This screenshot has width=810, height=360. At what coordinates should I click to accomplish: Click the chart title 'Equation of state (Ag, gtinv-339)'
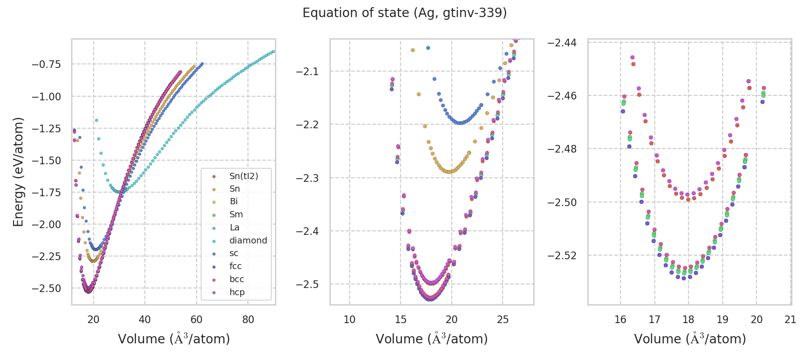point(405,13)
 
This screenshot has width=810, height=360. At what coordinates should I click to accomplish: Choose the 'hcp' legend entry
point(237,292)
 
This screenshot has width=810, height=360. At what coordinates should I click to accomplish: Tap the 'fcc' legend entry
point(235,266)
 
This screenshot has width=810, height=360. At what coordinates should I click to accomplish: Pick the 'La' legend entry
point(234,227)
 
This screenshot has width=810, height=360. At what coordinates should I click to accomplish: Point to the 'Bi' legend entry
point(234,201)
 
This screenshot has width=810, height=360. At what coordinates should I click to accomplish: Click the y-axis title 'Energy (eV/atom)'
point(18,172)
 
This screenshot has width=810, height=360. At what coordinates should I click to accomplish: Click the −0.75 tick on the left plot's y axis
point(46,64)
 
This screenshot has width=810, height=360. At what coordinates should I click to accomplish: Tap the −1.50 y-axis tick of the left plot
point(46,161)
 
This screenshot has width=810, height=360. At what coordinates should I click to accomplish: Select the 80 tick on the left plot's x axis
point(248,319)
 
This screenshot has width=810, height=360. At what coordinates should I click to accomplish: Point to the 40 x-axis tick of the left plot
point(145,319)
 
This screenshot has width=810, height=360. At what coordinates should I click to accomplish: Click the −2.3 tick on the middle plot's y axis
point(307,178)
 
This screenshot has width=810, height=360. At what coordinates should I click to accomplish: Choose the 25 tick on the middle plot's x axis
point(503,319)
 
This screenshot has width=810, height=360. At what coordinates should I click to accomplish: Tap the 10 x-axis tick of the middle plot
point(350,319)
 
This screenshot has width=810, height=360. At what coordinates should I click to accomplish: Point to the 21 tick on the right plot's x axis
point(790,319)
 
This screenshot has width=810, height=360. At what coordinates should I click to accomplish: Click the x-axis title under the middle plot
point(432,339)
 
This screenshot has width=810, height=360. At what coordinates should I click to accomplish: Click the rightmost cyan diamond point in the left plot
point(273,51)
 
